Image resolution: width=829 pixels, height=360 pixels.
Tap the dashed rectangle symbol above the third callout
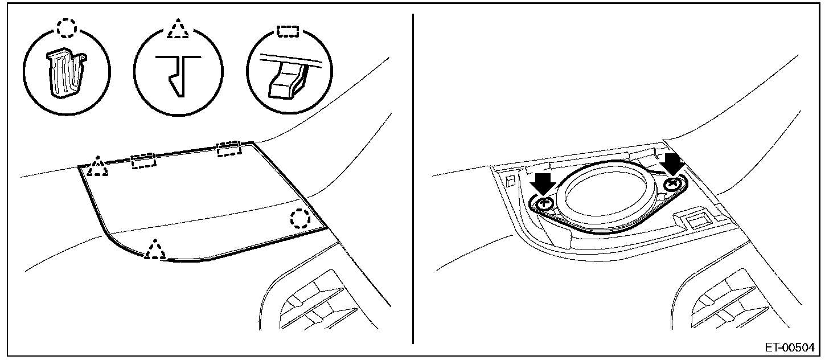[x=288, y=31]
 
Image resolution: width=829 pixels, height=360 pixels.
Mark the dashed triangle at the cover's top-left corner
[x=98, y=166]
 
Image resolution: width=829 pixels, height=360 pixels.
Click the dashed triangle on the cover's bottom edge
[x=155, y=249]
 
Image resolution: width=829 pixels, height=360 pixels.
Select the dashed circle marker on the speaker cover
[x=300, y=218]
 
